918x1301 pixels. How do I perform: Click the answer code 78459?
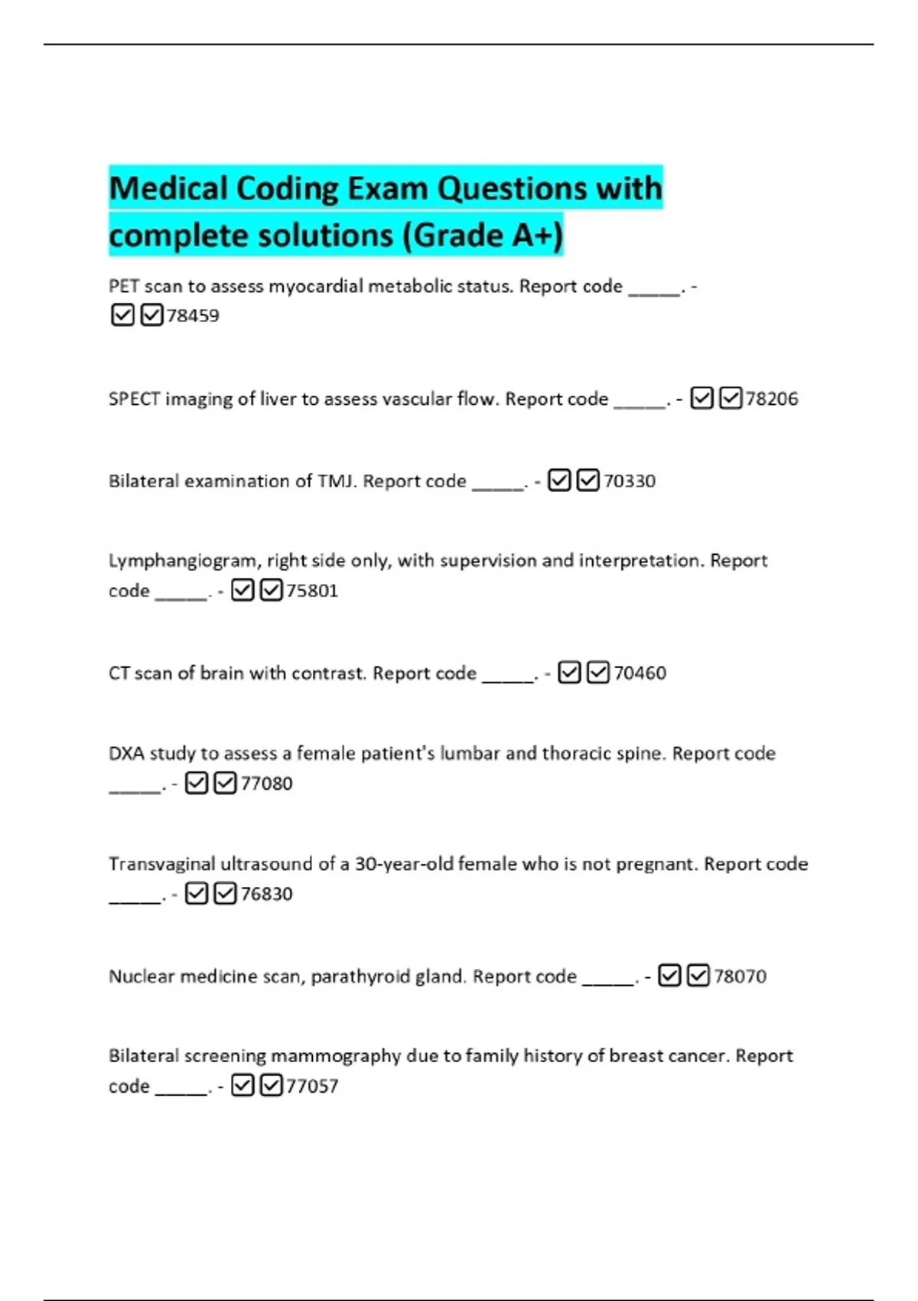tap(193, 315)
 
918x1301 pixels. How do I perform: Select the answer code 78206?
tap(772, 399)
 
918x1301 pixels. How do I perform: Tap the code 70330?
tap(630, 481)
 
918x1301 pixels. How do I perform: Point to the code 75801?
tap(312, 591)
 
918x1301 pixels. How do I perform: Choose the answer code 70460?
tap(640, 673)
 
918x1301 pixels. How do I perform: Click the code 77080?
tap(266, 784)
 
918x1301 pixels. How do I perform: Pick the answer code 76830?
tap(266, 894)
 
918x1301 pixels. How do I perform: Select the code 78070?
tap(740, 977)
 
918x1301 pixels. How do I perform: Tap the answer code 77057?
tap(312, 1086)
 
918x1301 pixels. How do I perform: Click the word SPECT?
tap(134, 399)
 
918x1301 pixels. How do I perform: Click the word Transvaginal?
tap(161, 864)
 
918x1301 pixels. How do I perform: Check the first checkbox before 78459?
tap(122, 315)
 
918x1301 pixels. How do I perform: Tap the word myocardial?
tap(315, 287)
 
